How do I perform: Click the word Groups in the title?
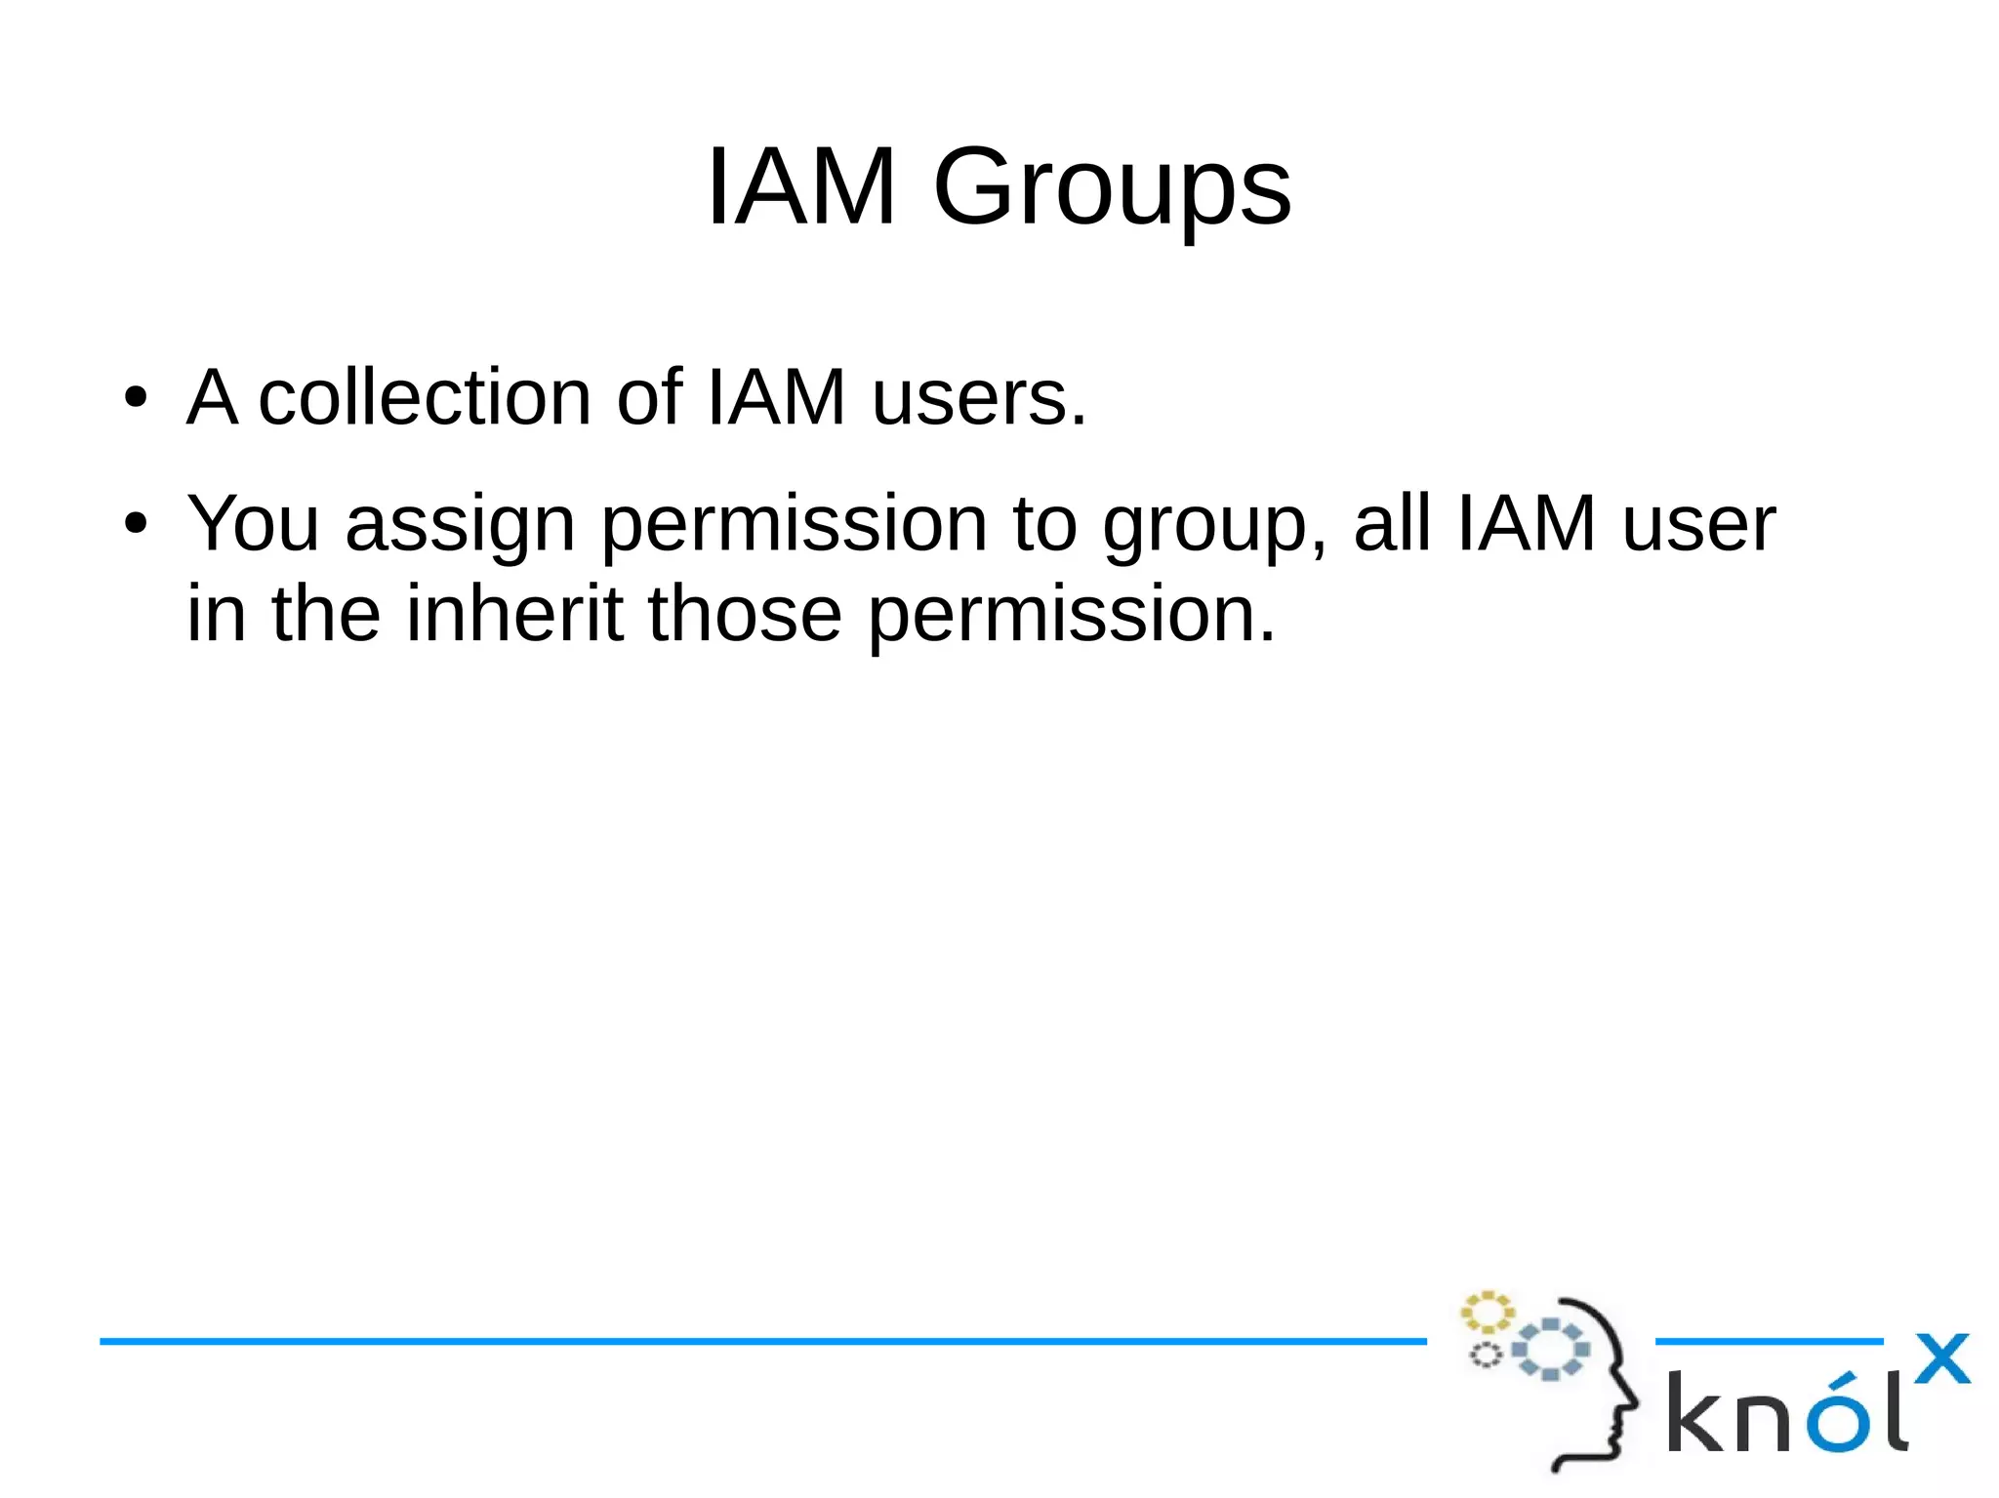point(1112,187)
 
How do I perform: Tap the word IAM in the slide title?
point(800,185)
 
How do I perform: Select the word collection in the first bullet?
point(425,398)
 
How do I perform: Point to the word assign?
point(460,525)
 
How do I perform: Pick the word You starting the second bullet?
point(253,523)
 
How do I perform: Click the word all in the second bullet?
point(1392,523)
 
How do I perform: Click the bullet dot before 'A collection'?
point(136,398)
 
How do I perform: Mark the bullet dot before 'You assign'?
point(136,524)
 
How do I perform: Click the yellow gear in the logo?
point(1487,1313)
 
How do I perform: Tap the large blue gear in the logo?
point(1550,1350)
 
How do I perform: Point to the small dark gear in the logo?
point(1486,1355)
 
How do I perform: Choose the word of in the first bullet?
point(649,398)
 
